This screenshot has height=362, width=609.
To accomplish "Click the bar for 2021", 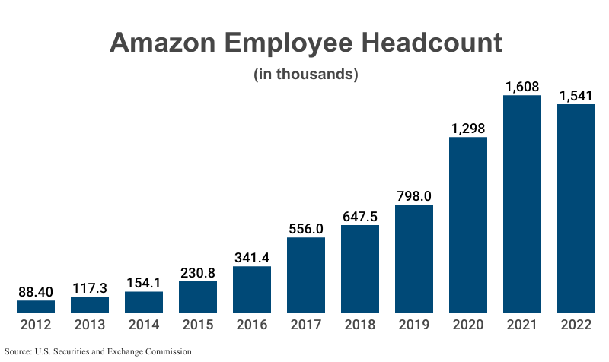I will pos(521,204).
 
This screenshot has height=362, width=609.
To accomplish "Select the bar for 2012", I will pos(36,306).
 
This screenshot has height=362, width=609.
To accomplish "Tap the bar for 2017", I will pos(306,275).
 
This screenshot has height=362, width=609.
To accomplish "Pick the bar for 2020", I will pos(467,225).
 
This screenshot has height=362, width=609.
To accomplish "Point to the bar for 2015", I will pos(198,297).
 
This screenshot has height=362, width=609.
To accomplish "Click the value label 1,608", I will pos(521,87).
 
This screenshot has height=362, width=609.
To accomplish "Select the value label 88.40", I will pos(36,292).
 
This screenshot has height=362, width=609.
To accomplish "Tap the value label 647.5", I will pos(360,217).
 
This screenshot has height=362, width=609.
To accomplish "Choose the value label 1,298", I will pos(467,129).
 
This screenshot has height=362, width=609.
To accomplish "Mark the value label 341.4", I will pos(252,258).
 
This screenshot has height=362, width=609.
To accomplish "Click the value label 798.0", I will pos(414,196).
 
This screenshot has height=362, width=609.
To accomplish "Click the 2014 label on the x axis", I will pos(144,325).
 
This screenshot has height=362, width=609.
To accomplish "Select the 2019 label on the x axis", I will pos(414,325).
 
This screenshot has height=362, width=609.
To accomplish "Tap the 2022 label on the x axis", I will pos(576,325).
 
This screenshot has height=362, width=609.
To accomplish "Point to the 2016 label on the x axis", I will pos(252,325).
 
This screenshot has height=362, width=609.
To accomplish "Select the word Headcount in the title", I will pos(430,43).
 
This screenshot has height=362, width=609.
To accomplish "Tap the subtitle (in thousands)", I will pos(304,75).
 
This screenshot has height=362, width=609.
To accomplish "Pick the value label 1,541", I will pos(576,96).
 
